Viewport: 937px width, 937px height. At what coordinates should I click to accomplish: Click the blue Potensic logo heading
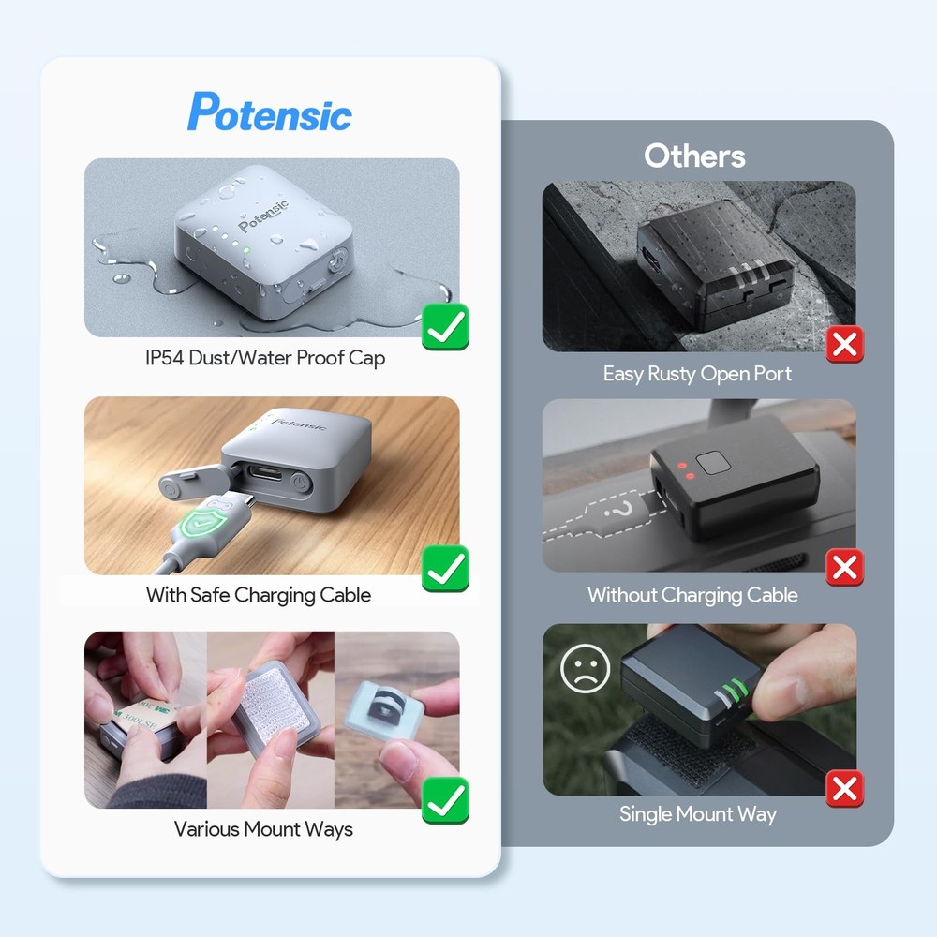tap(270, 112)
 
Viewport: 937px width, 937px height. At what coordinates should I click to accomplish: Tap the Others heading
tap(694, 156)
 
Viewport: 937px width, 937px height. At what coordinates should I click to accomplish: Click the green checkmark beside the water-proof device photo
tap(445, 328)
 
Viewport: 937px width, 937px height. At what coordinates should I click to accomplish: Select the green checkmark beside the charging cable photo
tap(445, 568)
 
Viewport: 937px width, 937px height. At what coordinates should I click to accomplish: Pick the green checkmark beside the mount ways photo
tap(445, 800)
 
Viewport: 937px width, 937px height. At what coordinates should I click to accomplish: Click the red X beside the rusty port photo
tap(845, 345)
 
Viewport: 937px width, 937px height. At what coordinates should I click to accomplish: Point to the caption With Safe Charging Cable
tap(259, 595)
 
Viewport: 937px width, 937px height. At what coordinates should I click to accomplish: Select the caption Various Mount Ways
tap(263, 829)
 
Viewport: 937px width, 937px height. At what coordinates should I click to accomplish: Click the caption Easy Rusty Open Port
tap(697, 374)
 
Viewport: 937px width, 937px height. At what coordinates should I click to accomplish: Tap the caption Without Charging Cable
tap(692, 595)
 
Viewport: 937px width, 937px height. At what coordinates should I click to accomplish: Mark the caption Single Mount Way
tap(698, 814)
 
